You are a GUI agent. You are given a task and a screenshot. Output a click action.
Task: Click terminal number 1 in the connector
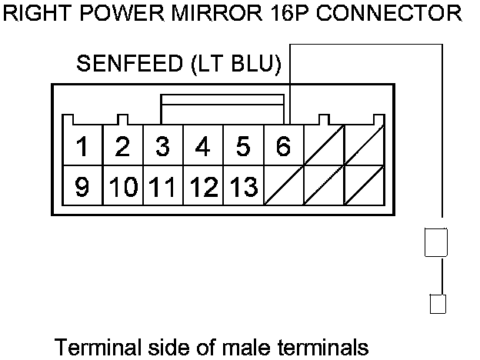[82, 145]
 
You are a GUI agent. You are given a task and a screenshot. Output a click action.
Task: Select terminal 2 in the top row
[123, 145]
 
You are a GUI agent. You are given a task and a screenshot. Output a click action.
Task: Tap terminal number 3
[163, 145]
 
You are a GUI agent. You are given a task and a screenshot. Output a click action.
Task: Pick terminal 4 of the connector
[203, 145]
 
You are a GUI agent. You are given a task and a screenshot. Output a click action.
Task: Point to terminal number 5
[243, 145]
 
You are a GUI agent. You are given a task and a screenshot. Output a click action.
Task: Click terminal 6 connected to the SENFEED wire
[284, 145]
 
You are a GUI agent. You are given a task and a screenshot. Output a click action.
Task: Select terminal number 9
[82, 186]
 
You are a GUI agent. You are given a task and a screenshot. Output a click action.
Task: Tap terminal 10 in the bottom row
[123, 186]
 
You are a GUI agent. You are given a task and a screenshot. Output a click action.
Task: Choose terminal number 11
[163, 186]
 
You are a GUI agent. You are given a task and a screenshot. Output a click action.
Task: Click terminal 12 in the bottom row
[203, 186]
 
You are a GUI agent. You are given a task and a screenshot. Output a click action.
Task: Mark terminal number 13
[243, 186]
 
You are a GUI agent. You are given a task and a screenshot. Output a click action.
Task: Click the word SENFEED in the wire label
[130, 63]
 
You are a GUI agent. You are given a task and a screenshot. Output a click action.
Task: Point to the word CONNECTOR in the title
[388, 14]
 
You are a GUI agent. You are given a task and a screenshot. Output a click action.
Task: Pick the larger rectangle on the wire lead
[436, 242]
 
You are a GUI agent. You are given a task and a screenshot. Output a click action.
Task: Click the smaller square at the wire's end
[438, 304]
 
